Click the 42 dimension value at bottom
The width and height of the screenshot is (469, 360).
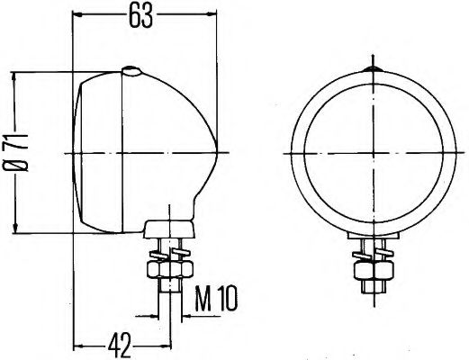(121, 342)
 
